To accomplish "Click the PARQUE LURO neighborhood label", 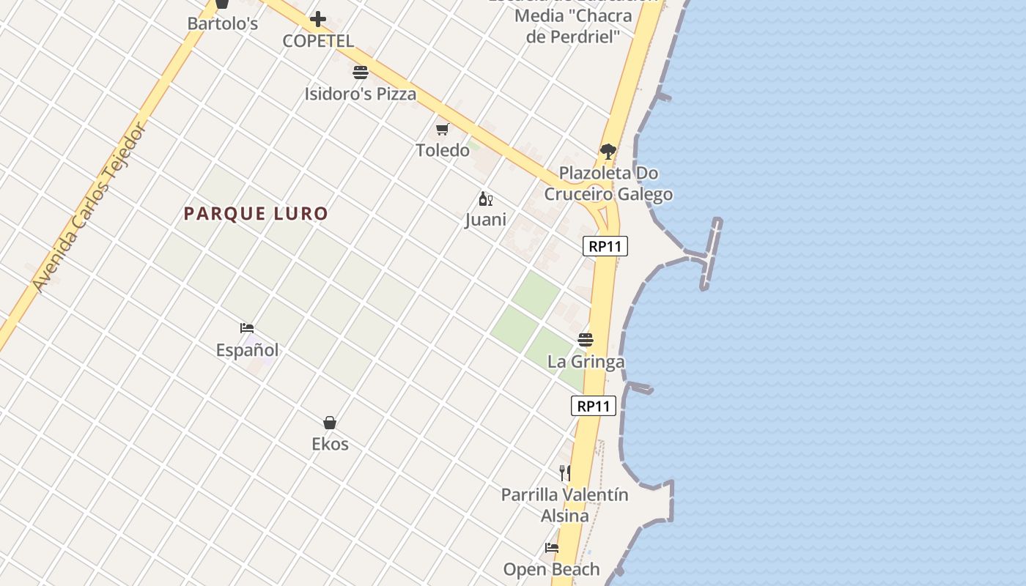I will [256, 214].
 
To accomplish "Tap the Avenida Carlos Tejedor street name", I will [90, 207].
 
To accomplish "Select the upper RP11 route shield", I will [605, 246].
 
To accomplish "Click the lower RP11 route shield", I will [594, 406].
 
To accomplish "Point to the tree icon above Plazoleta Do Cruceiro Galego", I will [608, 152].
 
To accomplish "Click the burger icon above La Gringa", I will [585, 340].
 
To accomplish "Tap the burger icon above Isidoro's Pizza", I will [360, 73].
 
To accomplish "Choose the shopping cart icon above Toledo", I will [442, 129].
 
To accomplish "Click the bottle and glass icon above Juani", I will [485, 199].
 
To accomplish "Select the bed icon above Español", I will [247, 328].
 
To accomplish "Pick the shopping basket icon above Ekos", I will [330, 423].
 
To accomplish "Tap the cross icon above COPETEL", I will [318, 19].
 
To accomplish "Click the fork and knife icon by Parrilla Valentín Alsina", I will [565, 473].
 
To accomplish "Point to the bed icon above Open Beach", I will [551, 548].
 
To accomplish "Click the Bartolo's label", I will [223, 23].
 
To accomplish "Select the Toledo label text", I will [443, 150].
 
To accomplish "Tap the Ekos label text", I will [330, 444].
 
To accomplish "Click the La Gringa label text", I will [586, 361].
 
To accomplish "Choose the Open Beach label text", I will [551, 569].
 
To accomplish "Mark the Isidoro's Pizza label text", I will [360, 94].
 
